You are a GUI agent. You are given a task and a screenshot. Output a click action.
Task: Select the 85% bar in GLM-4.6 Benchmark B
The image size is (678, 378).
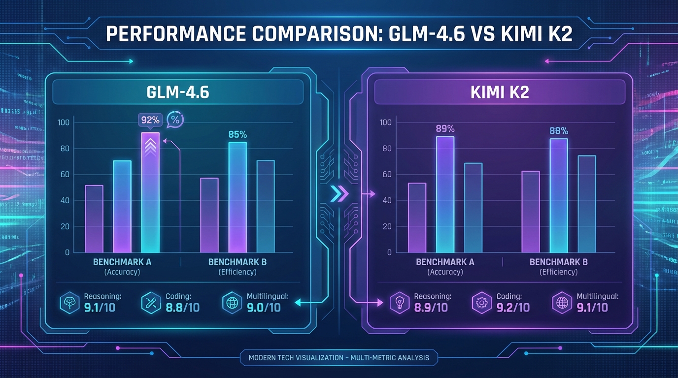[x=237, y=197]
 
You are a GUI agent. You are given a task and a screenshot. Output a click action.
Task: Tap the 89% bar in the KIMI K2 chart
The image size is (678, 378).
[x=445, y=194]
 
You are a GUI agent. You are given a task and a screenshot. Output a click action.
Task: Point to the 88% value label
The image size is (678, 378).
[x=559, y=131]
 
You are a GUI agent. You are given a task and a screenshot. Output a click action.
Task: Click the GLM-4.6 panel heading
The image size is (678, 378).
[x=178, y=92]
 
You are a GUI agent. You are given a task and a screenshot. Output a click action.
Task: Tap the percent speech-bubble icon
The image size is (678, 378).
[x=174, y=119]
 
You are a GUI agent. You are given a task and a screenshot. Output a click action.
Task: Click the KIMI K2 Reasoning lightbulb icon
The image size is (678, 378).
[x=398, y=302]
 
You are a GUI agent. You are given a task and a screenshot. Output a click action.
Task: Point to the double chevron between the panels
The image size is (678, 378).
[x=339, y=193]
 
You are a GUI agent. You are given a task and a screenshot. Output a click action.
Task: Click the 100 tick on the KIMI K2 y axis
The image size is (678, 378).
[x=386, y=123]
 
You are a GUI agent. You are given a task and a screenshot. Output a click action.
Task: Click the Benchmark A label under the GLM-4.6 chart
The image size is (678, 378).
[x=122, y=262]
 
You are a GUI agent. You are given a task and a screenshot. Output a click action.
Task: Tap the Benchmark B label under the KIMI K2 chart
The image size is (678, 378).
[x=558, y=262]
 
